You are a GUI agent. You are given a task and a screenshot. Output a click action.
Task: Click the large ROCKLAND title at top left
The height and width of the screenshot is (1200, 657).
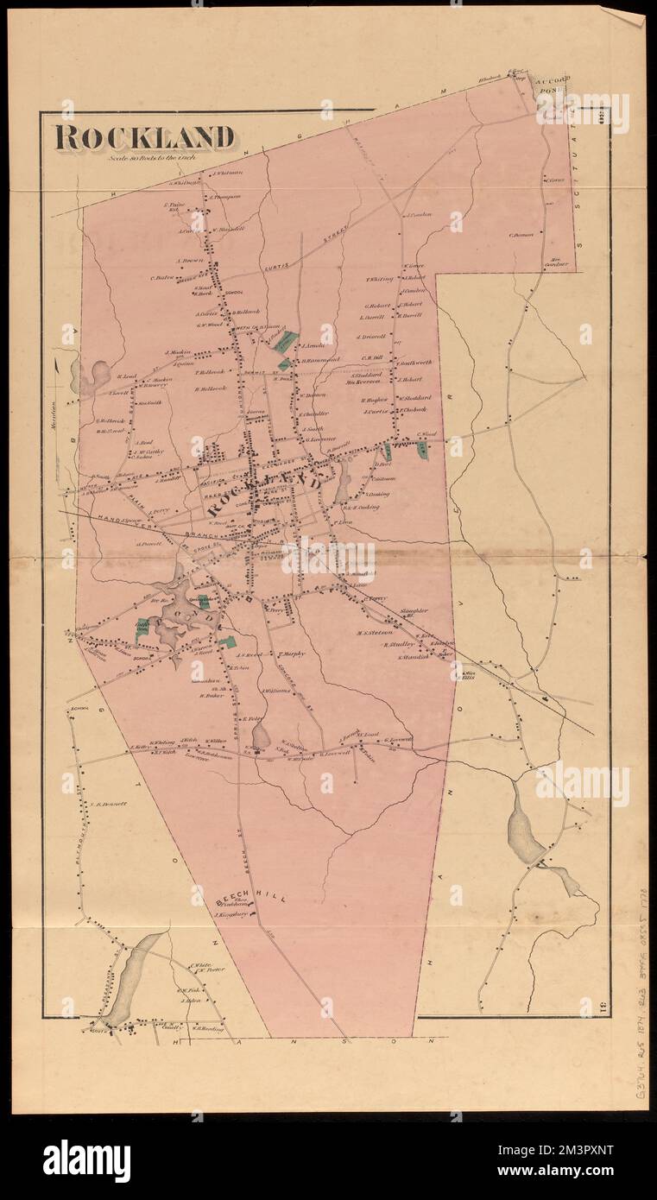144,138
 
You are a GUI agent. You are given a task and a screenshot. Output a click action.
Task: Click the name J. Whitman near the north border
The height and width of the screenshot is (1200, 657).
226,174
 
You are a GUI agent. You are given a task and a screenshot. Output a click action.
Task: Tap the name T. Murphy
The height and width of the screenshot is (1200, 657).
293,654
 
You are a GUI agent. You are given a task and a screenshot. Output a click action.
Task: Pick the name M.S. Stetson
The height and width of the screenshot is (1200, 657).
376,633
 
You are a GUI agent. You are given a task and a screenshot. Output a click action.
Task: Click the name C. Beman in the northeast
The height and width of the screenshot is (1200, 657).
522,234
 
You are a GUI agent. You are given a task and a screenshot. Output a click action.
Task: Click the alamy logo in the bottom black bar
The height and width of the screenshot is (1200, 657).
86,1161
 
